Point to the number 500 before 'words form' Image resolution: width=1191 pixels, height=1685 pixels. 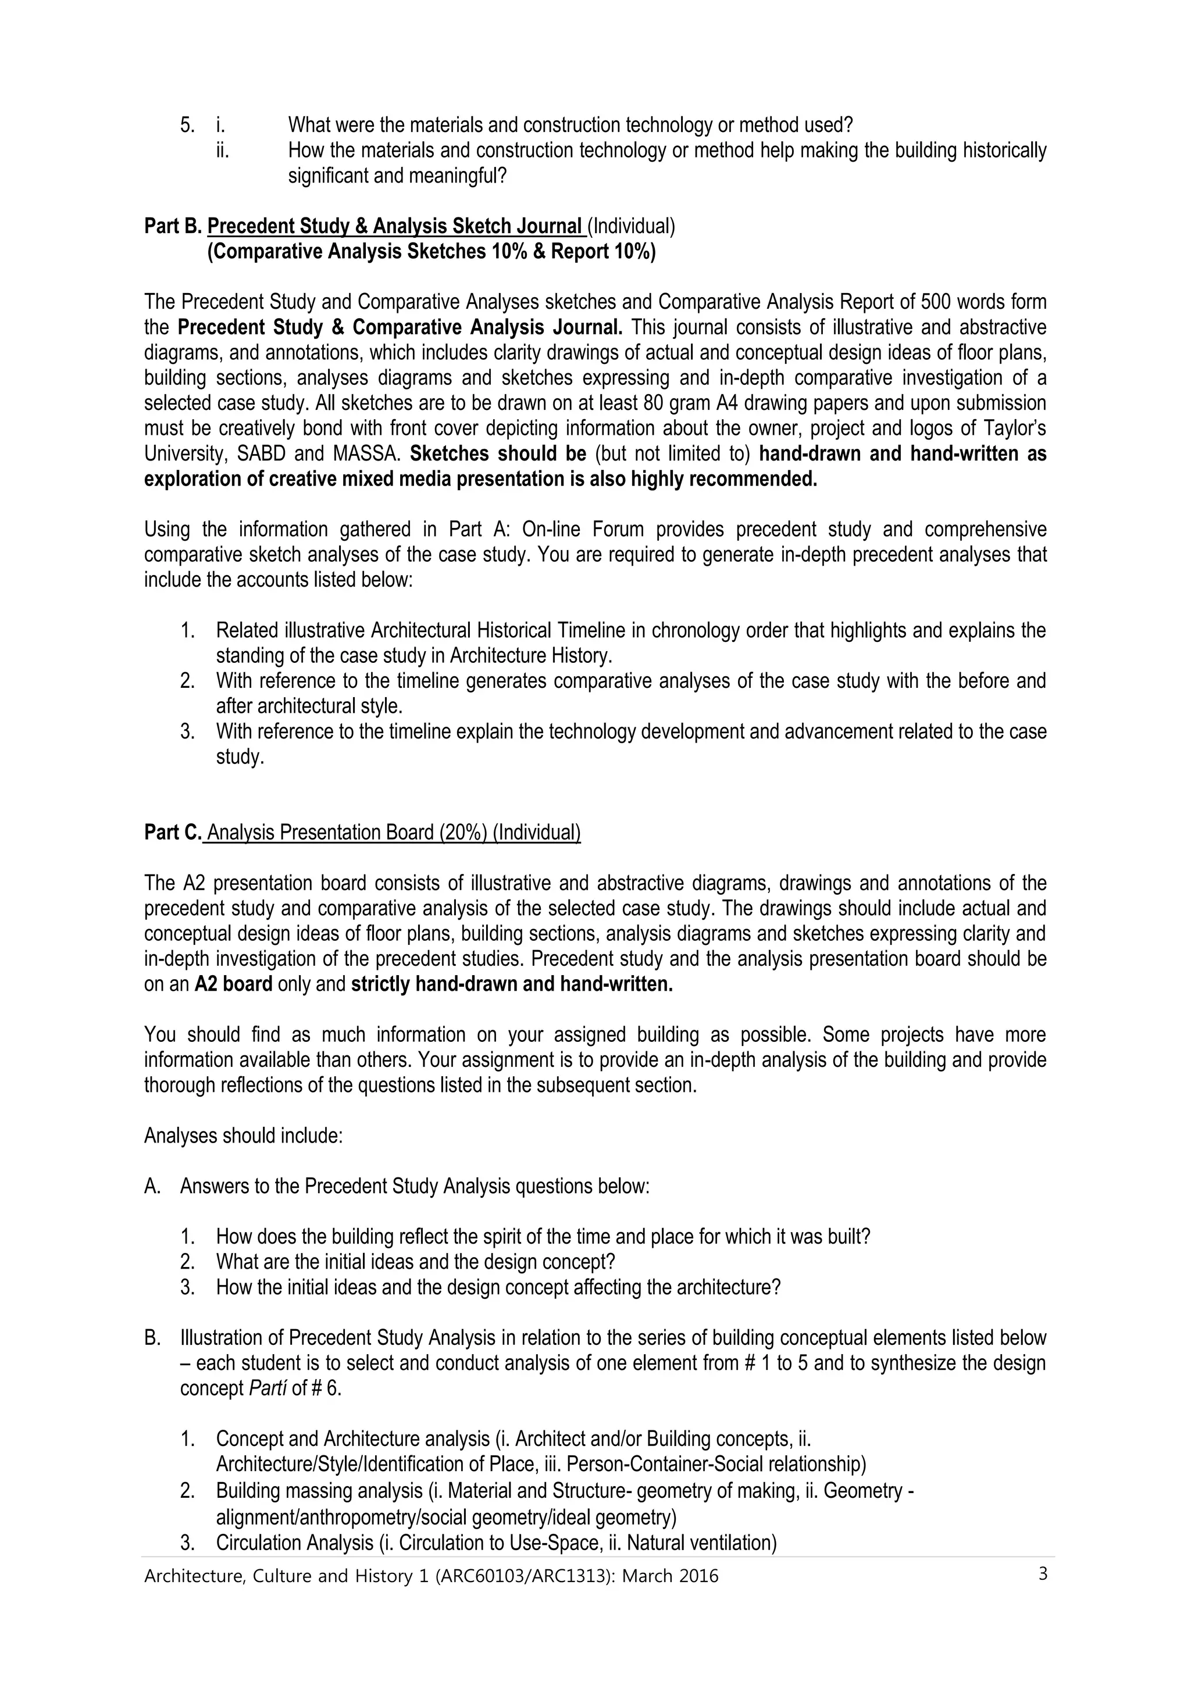pyautogui.click(x=935, y=302)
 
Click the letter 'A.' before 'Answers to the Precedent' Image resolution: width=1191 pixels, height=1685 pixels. pyautogui.click(x=152, y=1186)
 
